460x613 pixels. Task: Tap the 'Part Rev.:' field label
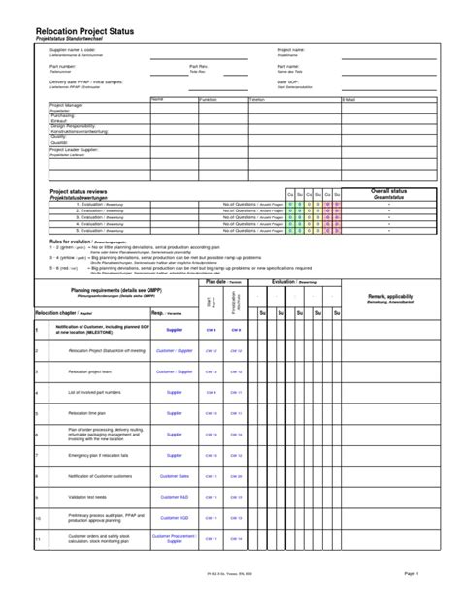point(201,66)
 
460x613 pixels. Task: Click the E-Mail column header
point(349,98)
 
